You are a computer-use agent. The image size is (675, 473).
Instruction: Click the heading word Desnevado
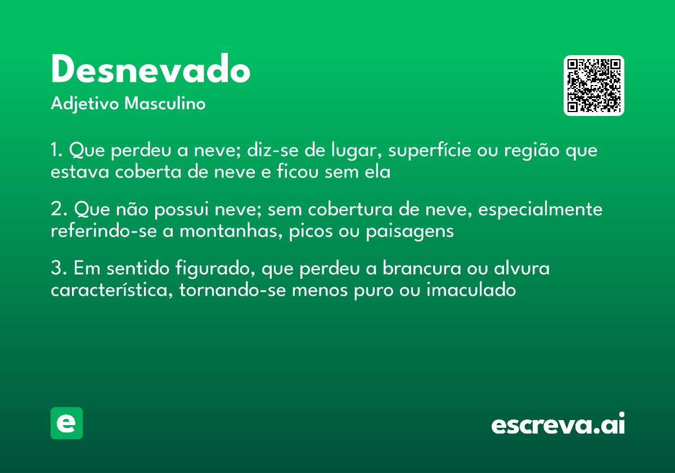click(150, 70)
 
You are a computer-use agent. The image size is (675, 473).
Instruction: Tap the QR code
click(594, 86)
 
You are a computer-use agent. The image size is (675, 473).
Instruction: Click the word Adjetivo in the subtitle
click(85, 104)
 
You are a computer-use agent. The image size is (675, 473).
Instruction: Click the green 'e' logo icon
click(66, 423)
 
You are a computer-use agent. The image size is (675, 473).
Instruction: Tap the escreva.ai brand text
click(558, 425)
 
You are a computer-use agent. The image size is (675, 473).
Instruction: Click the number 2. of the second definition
click(58, 210)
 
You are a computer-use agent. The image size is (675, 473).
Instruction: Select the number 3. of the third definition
click(58, 269)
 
